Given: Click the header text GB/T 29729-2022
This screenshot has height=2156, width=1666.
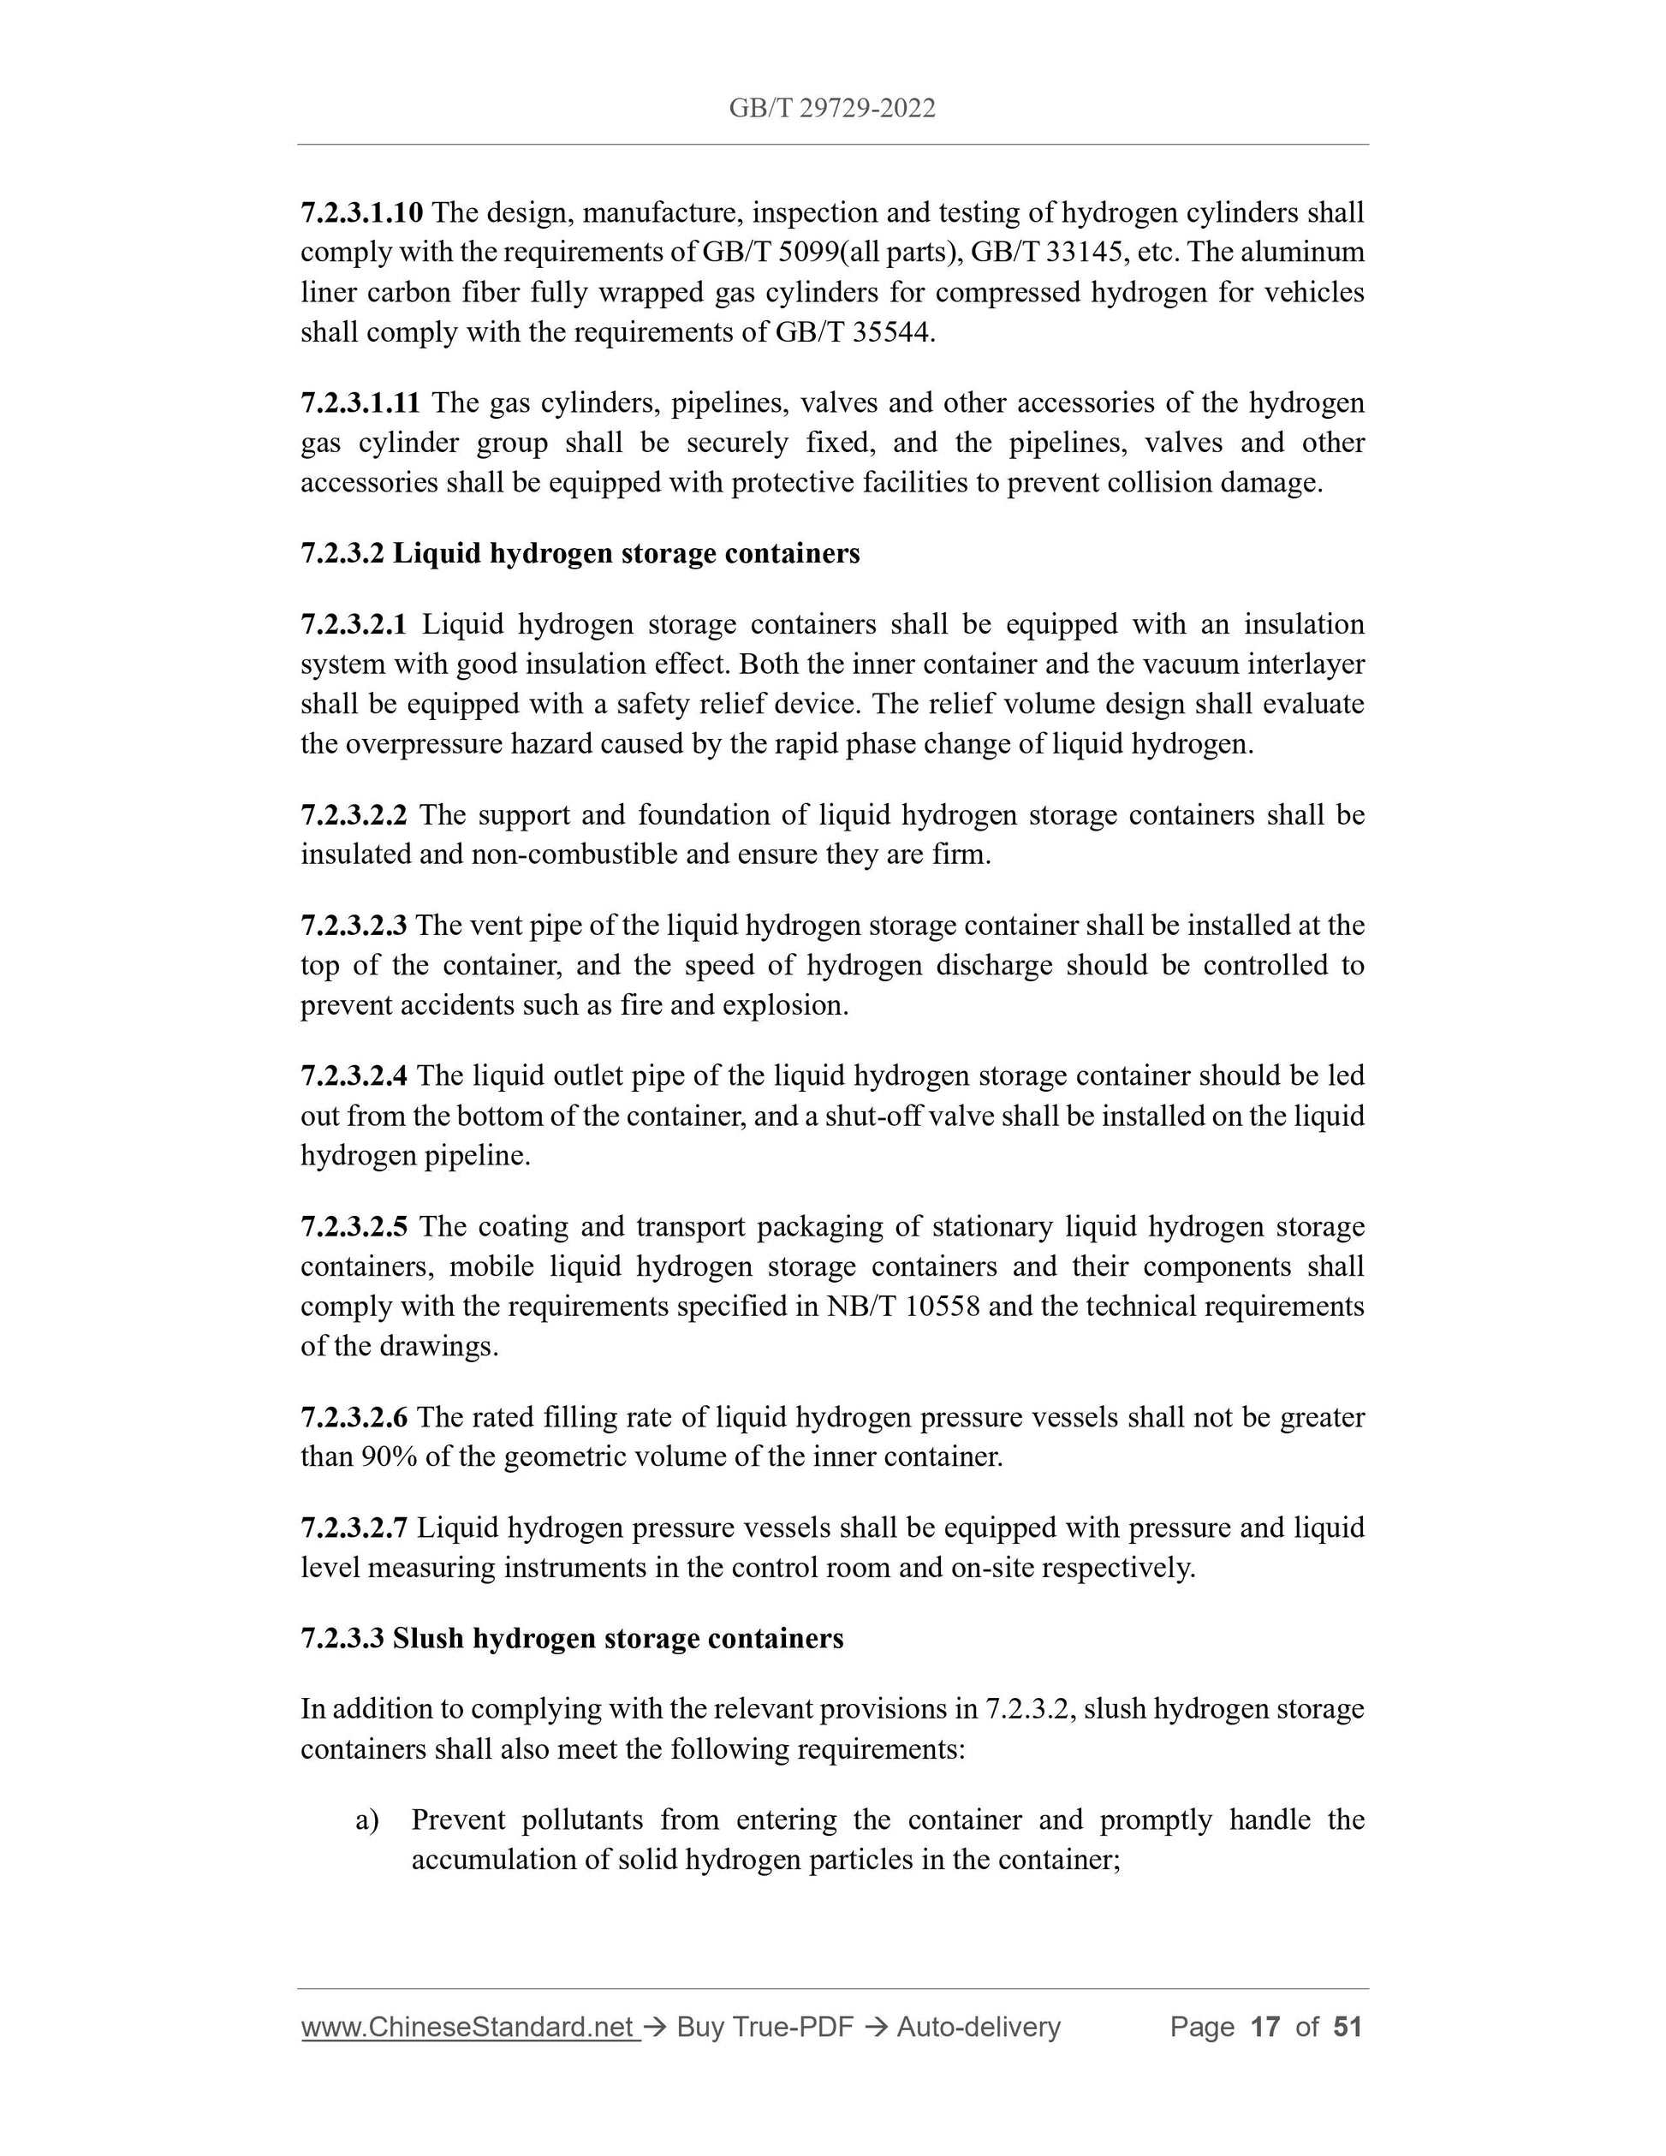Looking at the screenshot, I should point(832,109).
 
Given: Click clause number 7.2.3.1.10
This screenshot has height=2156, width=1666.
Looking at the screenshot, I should point(361,212).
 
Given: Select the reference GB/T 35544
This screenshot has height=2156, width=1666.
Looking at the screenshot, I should point(853,333).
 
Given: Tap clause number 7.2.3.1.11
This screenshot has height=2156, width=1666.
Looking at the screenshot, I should point(360,402).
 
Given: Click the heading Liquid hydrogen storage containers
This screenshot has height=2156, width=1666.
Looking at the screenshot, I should point(626,554).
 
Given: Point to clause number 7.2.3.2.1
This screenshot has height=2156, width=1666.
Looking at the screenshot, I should point(354,625).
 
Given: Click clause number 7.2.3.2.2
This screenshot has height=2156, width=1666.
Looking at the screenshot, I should point(354,815).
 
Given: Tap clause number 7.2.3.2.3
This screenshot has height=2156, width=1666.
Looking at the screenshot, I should point(354,926).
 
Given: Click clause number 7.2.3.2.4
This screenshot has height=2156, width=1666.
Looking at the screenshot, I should point(354,1076).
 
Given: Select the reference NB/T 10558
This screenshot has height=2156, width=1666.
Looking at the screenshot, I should point(903,1307).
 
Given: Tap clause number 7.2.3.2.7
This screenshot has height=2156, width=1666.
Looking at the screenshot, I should point(354,1528).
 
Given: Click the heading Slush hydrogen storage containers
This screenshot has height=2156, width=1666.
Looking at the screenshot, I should point(618,1639).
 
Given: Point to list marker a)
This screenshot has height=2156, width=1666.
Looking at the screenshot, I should point(367,1820).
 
